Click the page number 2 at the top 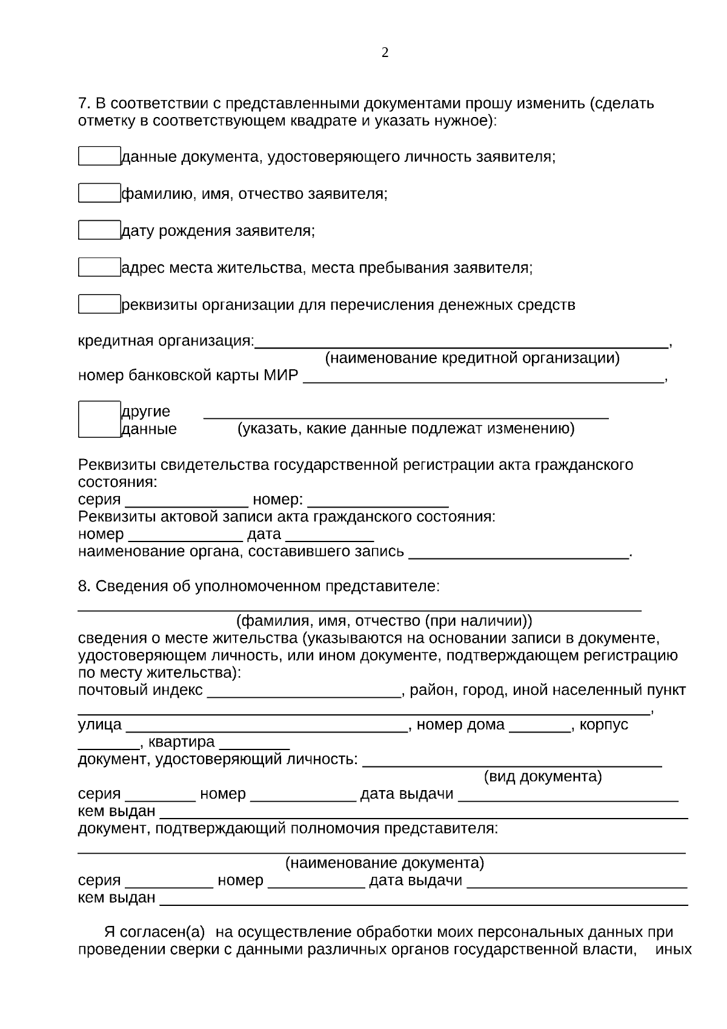(385, 53)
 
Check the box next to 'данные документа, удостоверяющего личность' (99, 156)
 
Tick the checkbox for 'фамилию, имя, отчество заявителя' (99, 193)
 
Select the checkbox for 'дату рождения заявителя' (99, 230)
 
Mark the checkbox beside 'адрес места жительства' (99, 267)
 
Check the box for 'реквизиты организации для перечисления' (99, 304)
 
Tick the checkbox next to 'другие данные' (99, 419)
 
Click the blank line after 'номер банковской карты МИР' (483, 378)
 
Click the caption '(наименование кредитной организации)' (473, 358)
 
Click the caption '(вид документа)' (543, 777)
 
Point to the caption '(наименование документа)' (384, 863)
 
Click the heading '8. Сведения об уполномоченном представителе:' (259, 586)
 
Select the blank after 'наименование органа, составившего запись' (519, 554)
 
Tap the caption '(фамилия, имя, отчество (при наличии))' (384, 621)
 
